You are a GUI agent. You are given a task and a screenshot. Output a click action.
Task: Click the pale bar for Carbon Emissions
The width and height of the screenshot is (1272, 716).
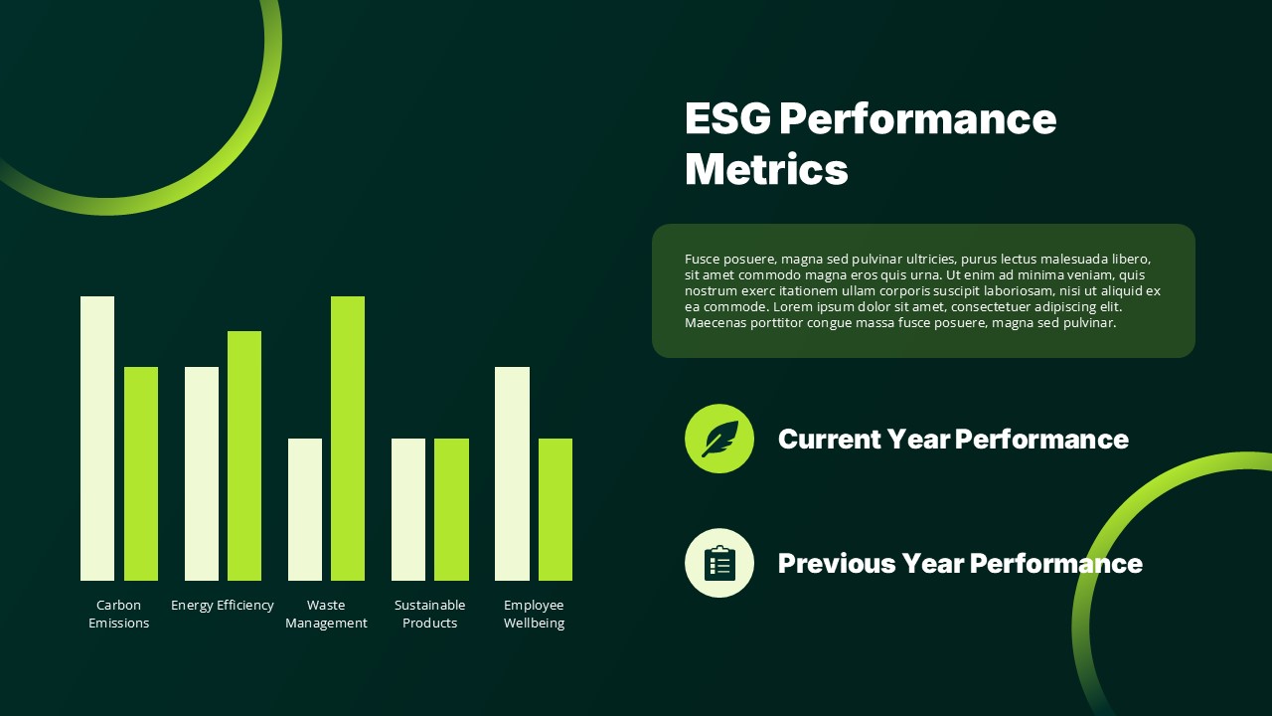click(97, 439)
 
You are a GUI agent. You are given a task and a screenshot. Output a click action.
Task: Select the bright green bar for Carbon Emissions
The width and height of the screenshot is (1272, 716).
click(141, 473)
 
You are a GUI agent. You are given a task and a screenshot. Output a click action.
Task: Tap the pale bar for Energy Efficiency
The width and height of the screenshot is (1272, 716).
click(202, 473)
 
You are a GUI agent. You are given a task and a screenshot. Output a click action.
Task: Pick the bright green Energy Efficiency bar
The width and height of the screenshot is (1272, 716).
click(244, 455)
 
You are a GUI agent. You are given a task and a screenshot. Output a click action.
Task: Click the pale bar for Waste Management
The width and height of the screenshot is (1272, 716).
click(305, 509)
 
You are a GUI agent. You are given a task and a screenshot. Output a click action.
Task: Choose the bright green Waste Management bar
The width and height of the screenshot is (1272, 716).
click(348, 439)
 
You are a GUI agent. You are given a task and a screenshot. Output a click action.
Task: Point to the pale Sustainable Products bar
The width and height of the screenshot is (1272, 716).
click(408, 509)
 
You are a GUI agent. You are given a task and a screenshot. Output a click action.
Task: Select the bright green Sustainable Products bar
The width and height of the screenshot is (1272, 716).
click(451, 509)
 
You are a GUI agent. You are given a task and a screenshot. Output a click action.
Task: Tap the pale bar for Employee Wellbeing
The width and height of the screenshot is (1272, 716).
click(512, 473)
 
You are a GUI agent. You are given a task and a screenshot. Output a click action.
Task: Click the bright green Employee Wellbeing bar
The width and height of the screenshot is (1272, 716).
click(556, 509)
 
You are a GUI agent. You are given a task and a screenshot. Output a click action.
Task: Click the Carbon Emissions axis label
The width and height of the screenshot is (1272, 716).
click(119, 614)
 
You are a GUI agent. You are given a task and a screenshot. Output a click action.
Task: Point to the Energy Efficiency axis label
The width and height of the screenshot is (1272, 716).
click(223, 605)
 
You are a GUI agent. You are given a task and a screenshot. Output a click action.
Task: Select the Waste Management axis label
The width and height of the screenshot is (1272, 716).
click(326, 614)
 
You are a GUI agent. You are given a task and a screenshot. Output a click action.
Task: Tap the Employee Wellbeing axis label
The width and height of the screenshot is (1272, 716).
click(534, 614)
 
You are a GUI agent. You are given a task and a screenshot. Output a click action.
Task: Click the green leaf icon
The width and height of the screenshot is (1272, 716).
click(719, 439)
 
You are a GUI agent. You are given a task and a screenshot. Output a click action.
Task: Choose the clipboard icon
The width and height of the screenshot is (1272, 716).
click(719, 563)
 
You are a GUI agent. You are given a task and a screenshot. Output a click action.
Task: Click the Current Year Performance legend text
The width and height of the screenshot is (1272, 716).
click(953, 439)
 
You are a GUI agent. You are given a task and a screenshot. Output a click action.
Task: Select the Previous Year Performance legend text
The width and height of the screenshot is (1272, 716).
click(960, 563)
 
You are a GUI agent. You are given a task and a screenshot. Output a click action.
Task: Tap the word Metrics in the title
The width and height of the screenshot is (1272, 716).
click(766, 169)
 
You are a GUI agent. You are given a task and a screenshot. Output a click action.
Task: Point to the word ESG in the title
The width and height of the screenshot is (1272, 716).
click(727, 118)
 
